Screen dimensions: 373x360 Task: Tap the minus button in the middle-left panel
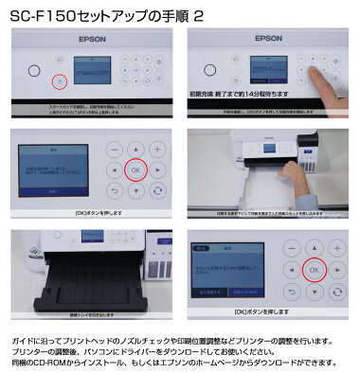click(113, 148)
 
